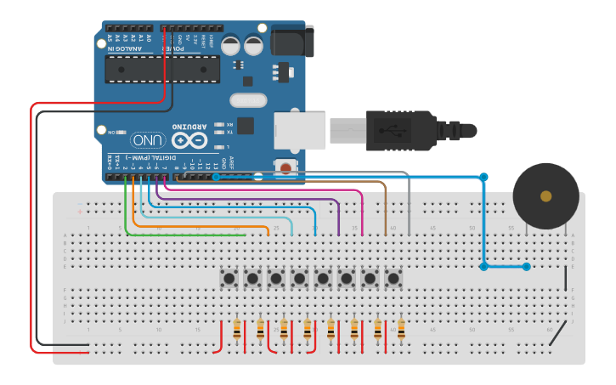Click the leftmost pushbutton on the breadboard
tap(229, 278)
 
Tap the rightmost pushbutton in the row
tap(393, 278)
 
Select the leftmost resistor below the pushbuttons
tap(236, 328)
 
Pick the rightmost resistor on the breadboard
tap(401, 328)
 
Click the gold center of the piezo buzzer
tap(545, 196)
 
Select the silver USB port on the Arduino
tap(299, 129)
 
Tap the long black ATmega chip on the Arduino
tap(162, 69)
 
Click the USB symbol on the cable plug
tap(393, 130)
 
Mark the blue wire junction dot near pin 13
tap(217, 177)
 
